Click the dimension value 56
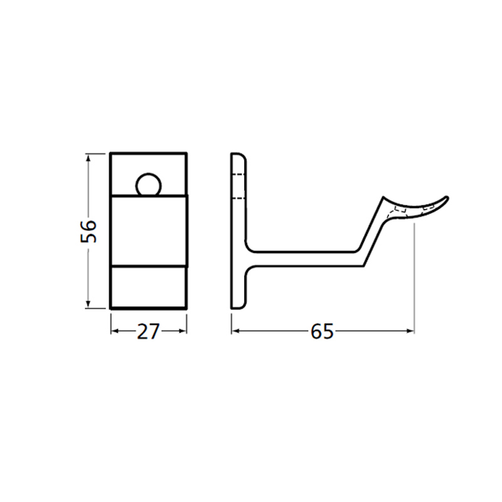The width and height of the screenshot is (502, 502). pos(88,230)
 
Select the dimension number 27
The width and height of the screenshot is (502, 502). pos(149,331)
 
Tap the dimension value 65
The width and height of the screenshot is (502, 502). pos(322,331)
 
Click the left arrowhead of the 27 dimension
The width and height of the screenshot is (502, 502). pos(114,331)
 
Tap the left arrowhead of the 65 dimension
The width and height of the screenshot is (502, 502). pos(236,331)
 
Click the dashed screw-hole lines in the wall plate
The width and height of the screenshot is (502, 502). pos(238,186)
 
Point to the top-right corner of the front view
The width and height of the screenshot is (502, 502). pos(187,152)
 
